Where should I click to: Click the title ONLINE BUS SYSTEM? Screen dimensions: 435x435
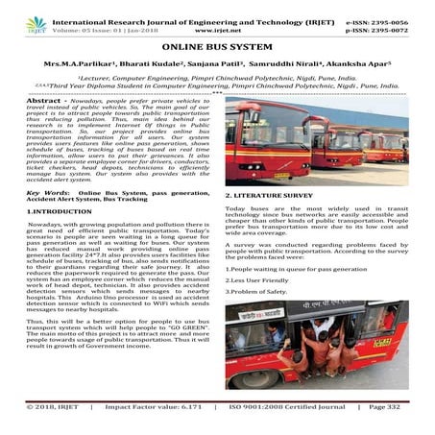[x=217, y=45]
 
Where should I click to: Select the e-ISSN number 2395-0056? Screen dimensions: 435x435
[x=404, y=8]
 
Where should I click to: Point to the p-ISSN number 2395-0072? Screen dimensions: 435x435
[x=404, y=17]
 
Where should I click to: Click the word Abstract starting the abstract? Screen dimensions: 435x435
[x=42, y=100]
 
